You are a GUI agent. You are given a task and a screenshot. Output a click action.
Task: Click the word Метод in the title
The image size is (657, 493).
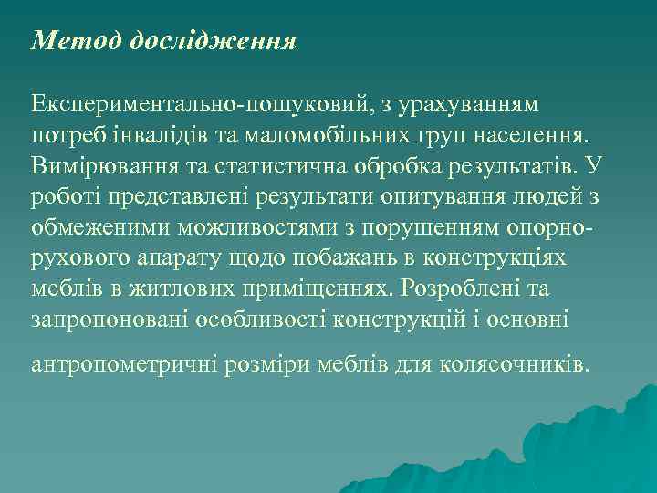point(77,41)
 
